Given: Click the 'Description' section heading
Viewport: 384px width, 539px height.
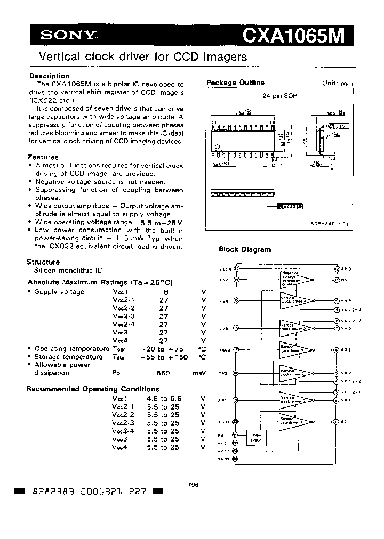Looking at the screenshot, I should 49,76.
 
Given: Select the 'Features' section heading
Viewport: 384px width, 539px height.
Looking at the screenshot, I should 43,157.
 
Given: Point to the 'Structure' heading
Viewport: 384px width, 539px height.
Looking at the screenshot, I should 43,262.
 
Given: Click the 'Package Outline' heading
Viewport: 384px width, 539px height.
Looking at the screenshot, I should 235,83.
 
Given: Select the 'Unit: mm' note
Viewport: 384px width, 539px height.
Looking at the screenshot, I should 337,84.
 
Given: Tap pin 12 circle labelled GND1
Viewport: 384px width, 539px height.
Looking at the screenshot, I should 337,269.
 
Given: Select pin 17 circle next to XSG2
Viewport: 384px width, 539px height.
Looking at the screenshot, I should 237,350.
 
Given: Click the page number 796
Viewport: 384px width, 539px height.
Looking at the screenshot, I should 193,484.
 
